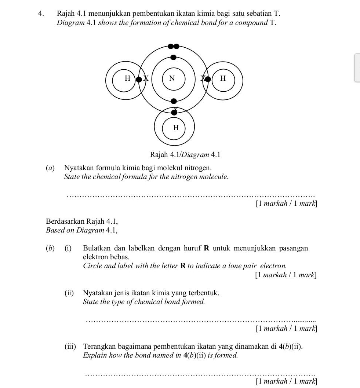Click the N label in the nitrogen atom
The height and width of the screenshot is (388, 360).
tap(172, 78)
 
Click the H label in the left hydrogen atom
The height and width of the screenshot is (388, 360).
tap(127, 78)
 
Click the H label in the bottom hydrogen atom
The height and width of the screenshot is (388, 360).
tap(176, 128)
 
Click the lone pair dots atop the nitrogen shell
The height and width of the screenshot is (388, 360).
tap(174, 46)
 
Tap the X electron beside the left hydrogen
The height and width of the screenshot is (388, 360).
tap(146, 78)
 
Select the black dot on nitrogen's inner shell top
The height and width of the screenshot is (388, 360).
tap(174, 57)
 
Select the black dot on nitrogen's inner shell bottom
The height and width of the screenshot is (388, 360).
tap(174, 101)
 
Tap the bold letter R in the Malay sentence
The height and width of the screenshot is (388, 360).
tap(206, 248)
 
